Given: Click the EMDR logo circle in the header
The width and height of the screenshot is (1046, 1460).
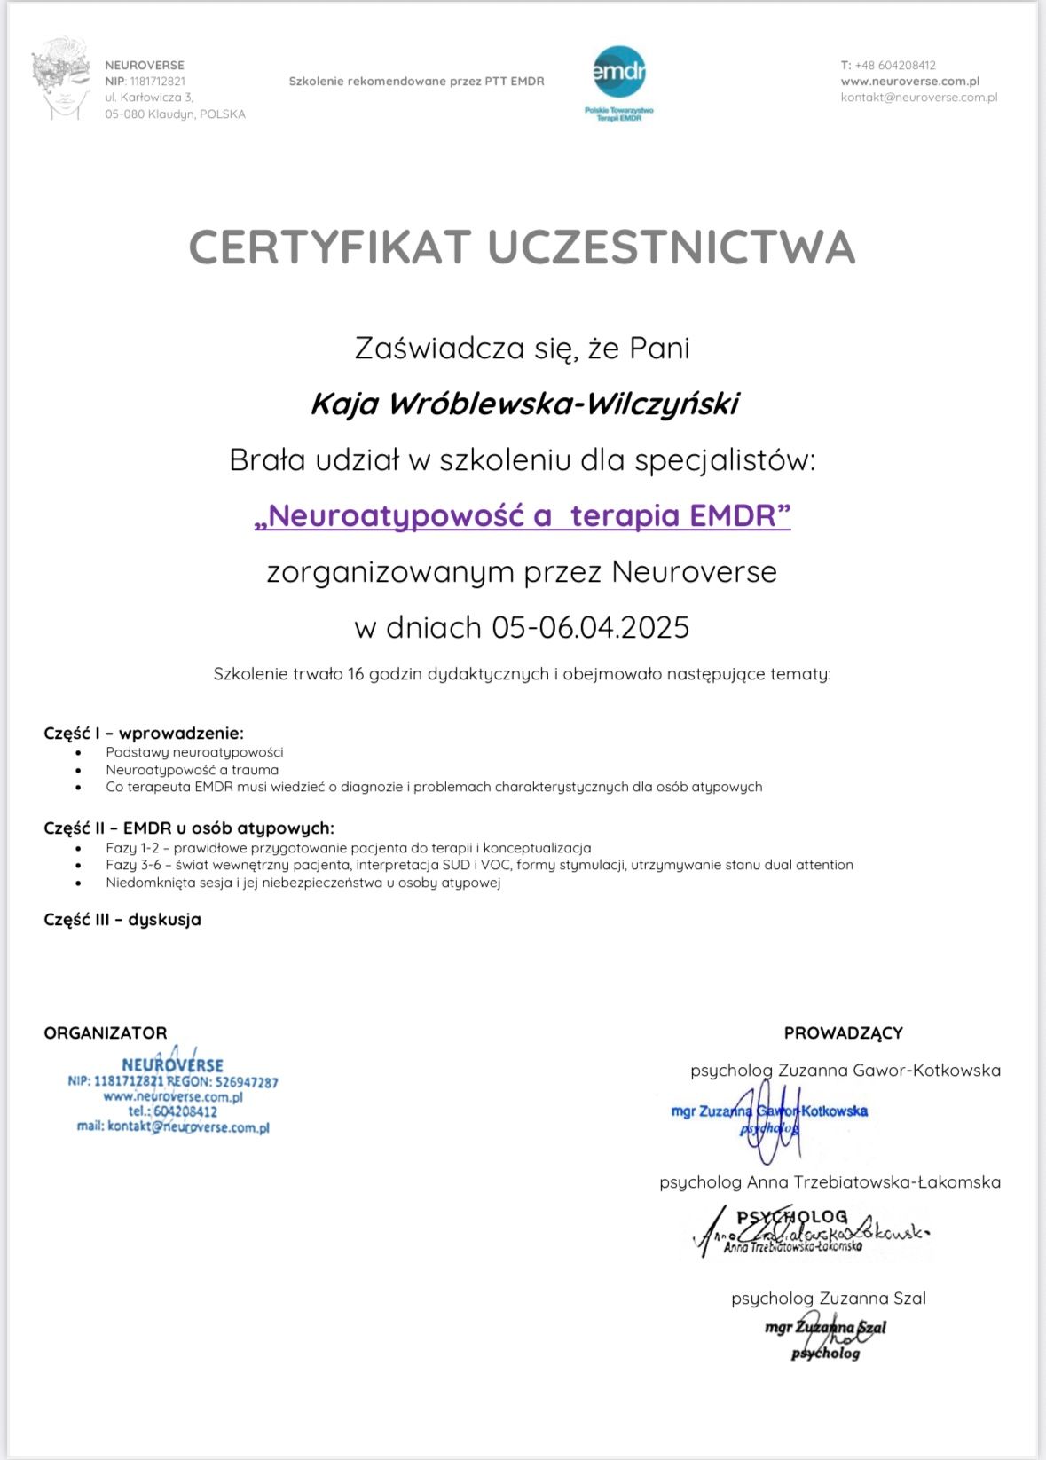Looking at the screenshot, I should click(x=618, y=72).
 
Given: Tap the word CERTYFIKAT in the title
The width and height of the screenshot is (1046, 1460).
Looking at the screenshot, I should click(x=329, y=247).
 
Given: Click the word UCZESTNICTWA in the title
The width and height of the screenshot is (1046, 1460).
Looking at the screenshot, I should click(x=672, y=247).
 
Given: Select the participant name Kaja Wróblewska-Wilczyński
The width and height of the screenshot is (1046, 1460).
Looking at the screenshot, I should click(x=523, y=404).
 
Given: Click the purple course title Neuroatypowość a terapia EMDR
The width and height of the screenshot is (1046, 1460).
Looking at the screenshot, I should click(x=523, y=515).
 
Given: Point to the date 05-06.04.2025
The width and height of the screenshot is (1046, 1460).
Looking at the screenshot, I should click(x=590, y=627).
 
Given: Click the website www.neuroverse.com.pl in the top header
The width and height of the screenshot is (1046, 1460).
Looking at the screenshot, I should click(x=909, y=81).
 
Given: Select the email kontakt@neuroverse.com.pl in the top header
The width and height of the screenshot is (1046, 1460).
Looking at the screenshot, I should click(x=918, y=98).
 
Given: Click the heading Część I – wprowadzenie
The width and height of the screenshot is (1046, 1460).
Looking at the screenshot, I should click(x=144, y=733).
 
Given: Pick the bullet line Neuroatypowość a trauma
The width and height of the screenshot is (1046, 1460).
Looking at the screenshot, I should click(x=192, y=770).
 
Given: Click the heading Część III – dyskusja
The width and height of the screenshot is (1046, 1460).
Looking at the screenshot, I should click(x=122, y=920).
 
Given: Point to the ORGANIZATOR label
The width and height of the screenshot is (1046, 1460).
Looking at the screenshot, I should click(x=106, y=1032).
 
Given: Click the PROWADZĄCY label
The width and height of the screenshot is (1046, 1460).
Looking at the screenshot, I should click(x=843, y=1032).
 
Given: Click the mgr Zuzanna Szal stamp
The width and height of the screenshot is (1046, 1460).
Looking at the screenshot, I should click(x=825, y=1338).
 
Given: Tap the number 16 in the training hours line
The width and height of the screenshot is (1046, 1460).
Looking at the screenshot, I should click(x=356, y=674).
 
